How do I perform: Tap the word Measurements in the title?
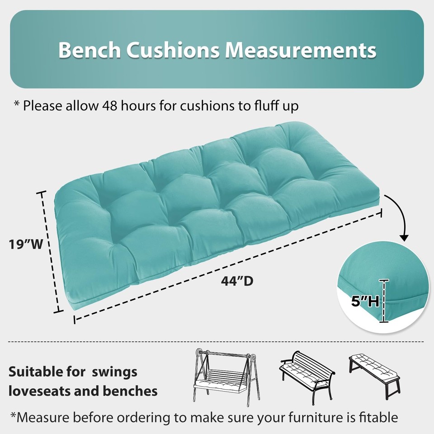coord(301,50)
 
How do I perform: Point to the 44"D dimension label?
coord(237,281)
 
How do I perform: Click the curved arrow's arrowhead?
coord(404,238)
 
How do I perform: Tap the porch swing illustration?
coord(224,375)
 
